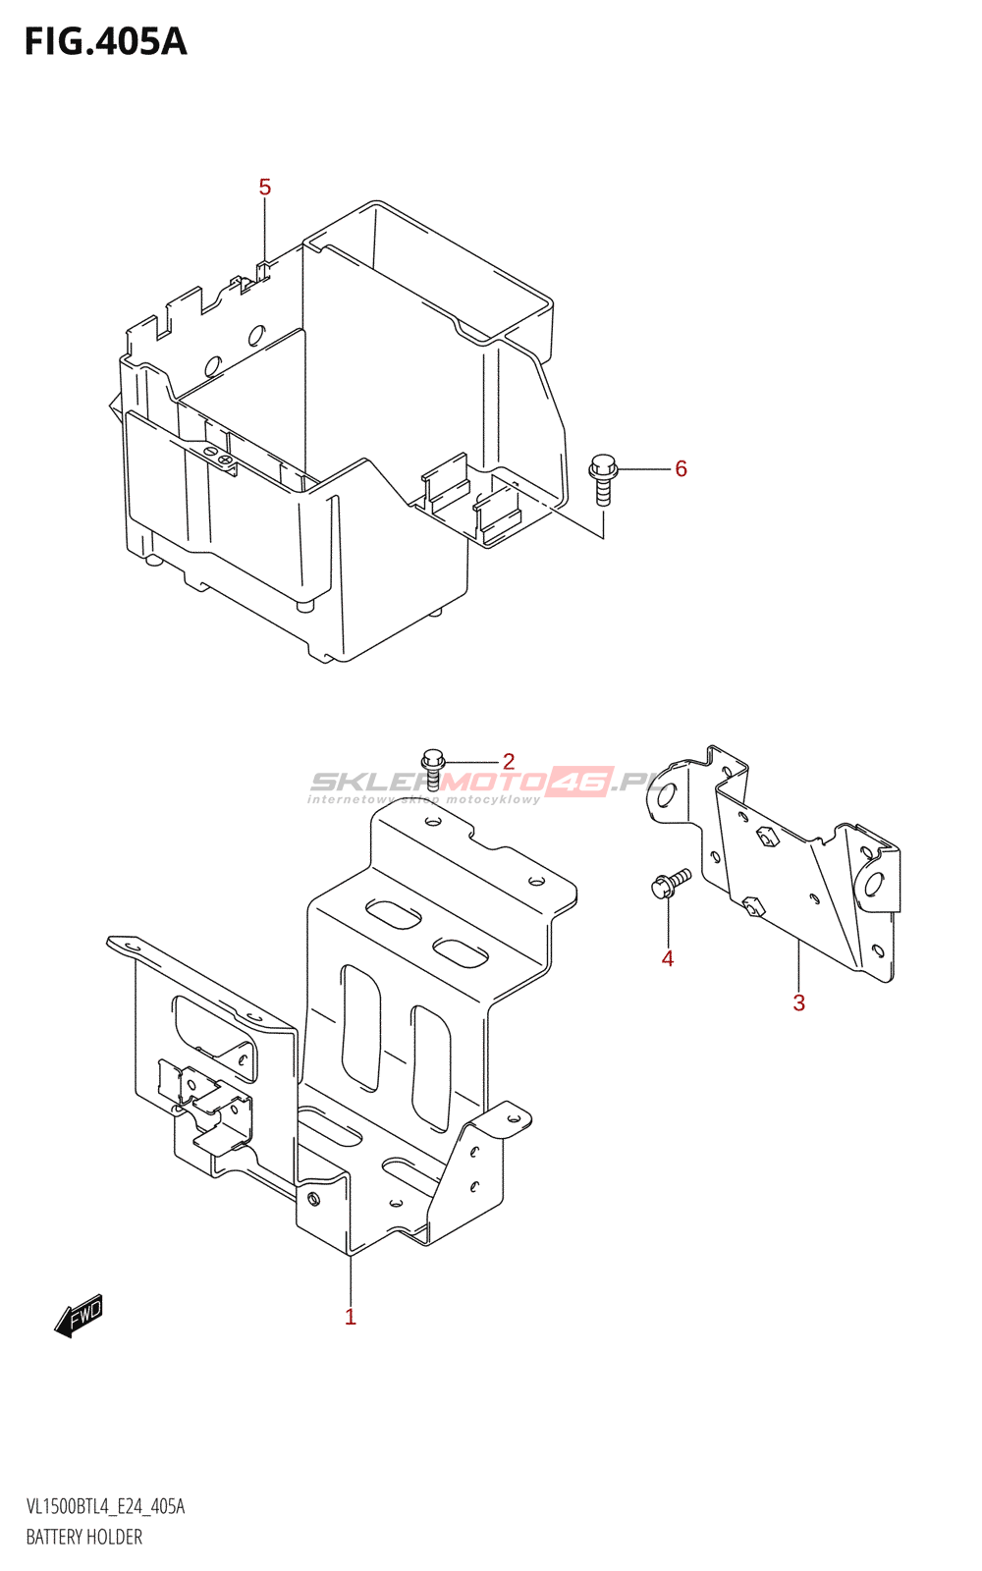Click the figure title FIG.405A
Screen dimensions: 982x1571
coord(105,42)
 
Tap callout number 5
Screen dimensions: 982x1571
coord(264,187)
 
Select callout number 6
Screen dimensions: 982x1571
coord(681,469)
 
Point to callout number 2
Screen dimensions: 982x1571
coord(509,761)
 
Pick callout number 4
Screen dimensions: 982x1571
coord(668,958)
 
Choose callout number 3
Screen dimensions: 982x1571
coord(798,1002)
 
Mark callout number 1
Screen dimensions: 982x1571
coord(350,1317)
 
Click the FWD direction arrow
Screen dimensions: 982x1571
coord(79,1316)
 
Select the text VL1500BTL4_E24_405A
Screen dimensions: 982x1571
coord(105,1506)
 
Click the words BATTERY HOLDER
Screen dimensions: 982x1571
coord(84,1537)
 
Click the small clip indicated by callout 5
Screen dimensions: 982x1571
coord(262,268)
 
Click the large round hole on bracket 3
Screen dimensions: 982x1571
coord(872,884)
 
